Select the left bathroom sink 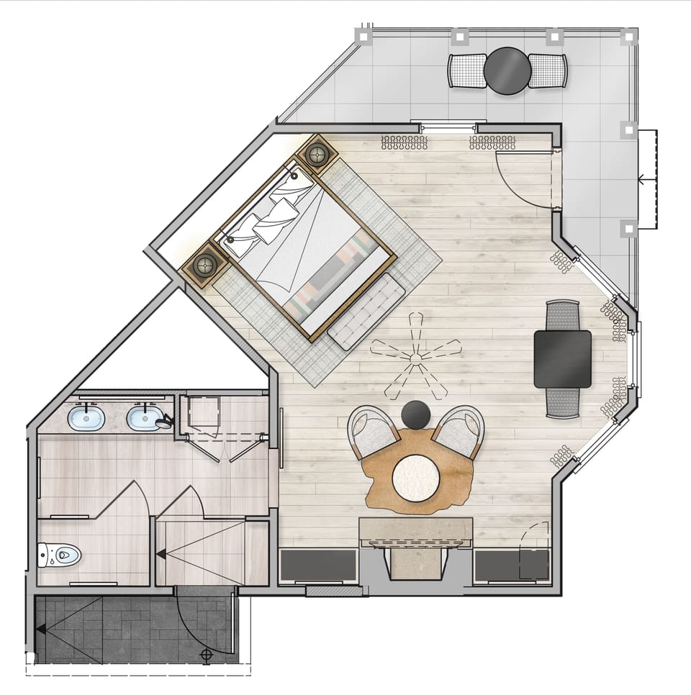coord(86,417)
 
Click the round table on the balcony coord(507,71)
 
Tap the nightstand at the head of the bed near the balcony coord(317,153)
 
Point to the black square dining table coord(563,359)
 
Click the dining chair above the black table coord(563,315)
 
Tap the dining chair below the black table coord(563,401)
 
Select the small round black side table coord(416,415)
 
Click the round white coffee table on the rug coord(415,476)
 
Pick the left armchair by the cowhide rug coord(373,432)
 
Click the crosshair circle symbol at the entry coord(207,655)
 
